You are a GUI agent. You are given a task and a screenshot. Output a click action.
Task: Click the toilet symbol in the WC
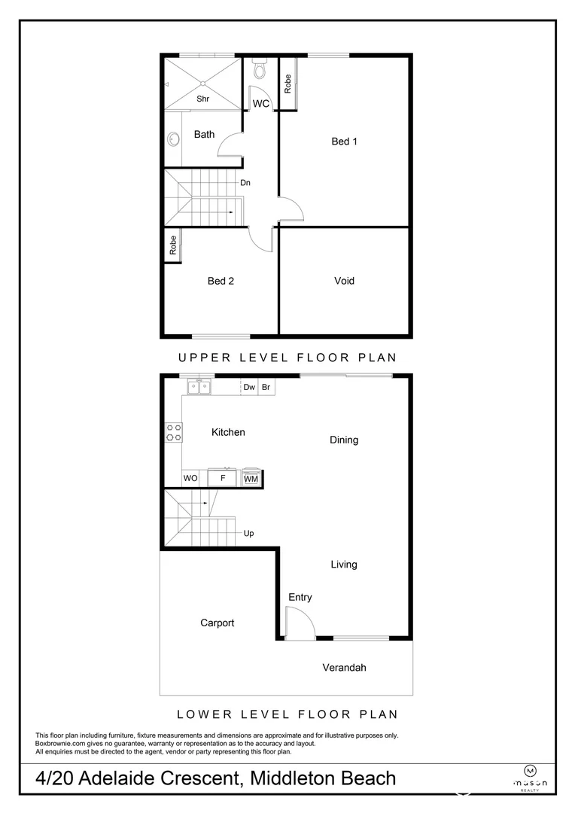260,71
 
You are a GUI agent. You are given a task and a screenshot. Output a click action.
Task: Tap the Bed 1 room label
344,141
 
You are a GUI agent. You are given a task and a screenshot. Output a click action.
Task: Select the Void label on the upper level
344,281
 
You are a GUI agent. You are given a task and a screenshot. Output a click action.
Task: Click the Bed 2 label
221,281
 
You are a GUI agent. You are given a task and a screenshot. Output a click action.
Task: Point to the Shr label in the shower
202,99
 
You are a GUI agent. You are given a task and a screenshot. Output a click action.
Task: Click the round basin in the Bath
172,140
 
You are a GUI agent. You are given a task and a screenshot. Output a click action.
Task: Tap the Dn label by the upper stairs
245,182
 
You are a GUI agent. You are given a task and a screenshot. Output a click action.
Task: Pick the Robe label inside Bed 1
288,84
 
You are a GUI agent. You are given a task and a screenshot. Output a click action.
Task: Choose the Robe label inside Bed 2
172,245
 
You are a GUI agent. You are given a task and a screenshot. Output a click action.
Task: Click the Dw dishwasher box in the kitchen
249,388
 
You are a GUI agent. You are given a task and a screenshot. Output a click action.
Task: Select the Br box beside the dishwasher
266,388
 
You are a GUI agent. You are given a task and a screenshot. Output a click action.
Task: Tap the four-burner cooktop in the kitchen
174,432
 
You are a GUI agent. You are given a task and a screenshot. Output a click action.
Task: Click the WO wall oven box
190,478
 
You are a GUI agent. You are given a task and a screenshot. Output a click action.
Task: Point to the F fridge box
222,478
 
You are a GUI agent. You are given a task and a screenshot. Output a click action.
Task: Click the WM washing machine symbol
251,478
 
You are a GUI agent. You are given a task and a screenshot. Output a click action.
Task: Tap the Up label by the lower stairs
248,534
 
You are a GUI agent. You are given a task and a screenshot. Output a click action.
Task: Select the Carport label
217,623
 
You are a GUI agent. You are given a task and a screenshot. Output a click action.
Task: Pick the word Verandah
344,667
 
